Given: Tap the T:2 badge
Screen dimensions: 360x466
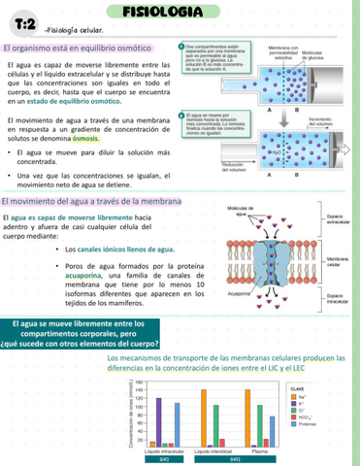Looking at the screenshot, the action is [x=24, y=24].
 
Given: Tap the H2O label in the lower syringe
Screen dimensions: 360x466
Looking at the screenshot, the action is [x=277, y=150].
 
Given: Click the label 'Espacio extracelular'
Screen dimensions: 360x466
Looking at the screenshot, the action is [x=338, y=217].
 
